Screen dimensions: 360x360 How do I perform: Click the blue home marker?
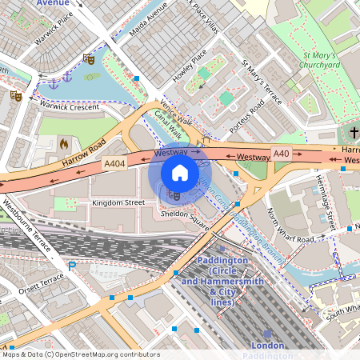point(180,172)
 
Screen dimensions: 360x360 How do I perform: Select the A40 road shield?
point(281,153)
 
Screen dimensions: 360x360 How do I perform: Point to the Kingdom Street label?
point(118,203)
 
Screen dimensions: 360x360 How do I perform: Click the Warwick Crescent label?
point(70,106)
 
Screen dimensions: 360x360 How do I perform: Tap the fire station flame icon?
point(64,144)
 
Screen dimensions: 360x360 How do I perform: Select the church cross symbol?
point(354,132)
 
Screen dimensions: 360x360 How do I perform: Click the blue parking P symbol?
point(72,266)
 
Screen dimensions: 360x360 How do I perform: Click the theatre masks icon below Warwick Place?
point(88,58)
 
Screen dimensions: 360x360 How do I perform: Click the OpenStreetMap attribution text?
point(80,354)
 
